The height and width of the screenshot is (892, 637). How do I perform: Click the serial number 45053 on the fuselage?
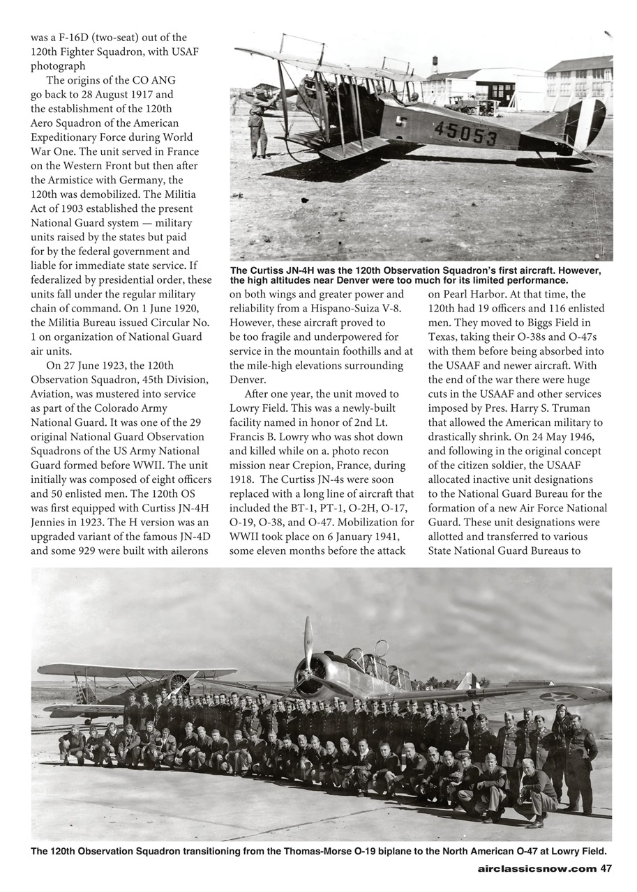pyautogui.click(x=466, y=132)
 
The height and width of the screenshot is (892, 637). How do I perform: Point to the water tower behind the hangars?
pyautogui.click(x=435, y=64)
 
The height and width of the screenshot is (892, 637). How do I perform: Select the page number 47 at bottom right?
pyautogui.click(x=606, y=868)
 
